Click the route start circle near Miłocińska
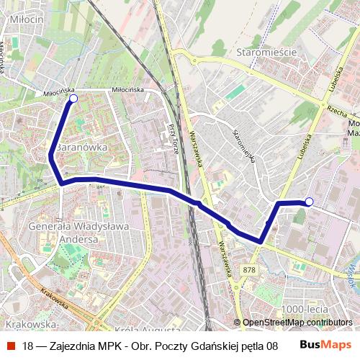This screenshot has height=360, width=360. tap(73, 98)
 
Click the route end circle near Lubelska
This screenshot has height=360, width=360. tap(309, 202)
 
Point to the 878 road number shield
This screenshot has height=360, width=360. tap(249, 269)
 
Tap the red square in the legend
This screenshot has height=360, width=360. tap(11, 346)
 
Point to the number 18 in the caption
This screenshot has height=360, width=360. tap(28, 346)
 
